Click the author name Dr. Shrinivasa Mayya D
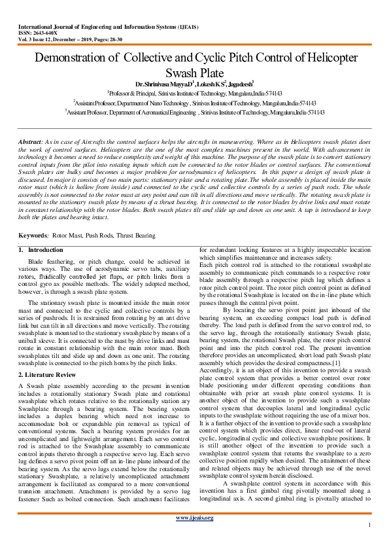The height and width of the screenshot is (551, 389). [x=159, y=84]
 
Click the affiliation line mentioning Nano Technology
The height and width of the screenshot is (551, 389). [x=195, y=103]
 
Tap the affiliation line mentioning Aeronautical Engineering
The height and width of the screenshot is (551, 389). [x=195, y=112]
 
